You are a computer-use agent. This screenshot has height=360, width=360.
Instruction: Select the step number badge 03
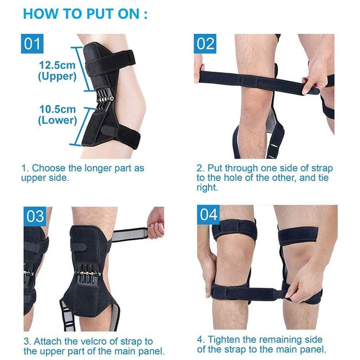tap(35, 216)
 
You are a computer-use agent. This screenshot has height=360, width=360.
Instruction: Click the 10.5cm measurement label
tap(58, 109)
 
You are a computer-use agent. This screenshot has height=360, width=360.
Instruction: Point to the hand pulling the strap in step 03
tap(156, 224)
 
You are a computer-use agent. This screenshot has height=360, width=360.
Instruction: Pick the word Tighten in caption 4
tap(223, 339)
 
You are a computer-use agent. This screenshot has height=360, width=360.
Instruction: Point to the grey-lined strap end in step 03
tap(130, 234)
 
